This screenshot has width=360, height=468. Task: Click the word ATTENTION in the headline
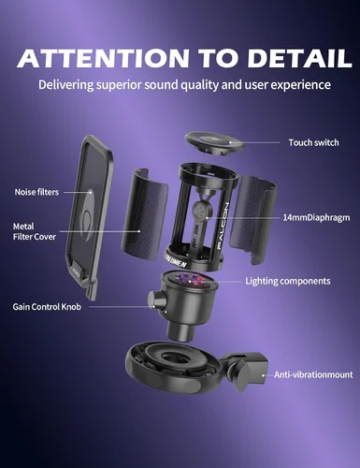point(104,58)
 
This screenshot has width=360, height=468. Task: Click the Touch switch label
point(313,142)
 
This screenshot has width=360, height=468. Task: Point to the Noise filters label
point(36,192)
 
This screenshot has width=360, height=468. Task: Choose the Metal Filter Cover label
point(35,231)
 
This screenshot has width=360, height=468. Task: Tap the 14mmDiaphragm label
point(316,217)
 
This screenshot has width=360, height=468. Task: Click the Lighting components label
point(288,281)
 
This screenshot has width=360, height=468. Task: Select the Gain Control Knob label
point(47,307)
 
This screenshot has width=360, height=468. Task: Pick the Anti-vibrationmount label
point(313,374)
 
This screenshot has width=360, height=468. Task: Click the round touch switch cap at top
point(213,143)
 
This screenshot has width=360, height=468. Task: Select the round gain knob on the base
point(155,300)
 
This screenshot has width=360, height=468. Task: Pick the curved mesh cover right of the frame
point(253,219)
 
